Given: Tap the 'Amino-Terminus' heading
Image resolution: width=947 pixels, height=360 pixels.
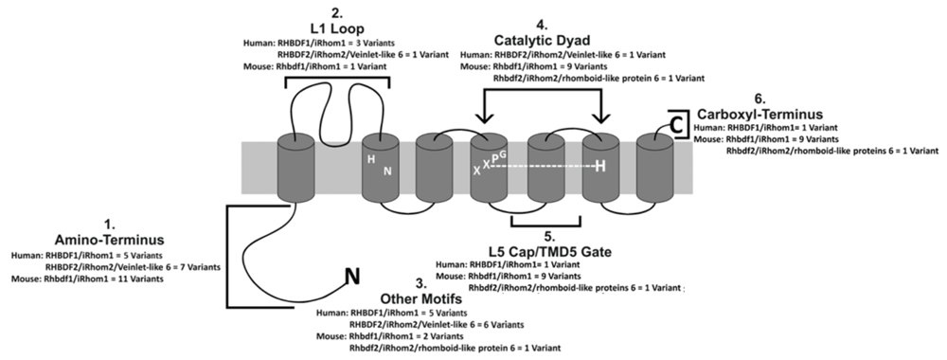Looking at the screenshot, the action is click(x=109, y=240).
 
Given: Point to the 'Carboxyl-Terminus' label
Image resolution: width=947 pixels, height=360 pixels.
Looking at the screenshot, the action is click(x=759, y=114).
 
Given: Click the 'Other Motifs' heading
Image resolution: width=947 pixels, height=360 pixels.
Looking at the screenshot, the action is click(x=421, y=299).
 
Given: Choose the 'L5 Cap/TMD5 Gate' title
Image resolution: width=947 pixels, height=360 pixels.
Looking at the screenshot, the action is click(x=549, y=251).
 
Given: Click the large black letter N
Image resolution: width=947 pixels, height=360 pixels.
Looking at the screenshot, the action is click(x=352, y=276).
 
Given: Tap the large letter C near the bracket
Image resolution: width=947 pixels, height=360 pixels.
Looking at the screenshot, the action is click(x=676, y=124).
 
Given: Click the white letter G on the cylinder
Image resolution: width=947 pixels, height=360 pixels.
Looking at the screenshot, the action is click(x=503, y=153).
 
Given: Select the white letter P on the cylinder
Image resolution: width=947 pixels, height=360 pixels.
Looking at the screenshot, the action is click(x=494, y=159).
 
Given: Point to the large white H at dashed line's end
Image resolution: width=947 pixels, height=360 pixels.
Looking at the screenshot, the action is click(x=599, y=166).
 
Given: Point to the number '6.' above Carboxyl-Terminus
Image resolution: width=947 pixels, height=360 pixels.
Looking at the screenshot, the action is click(x=759, y=99).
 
